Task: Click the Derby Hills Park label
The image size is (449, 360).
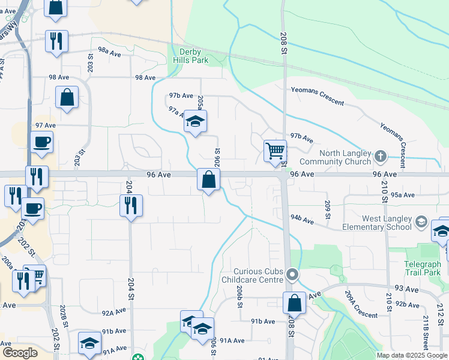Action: (x=190, y=56)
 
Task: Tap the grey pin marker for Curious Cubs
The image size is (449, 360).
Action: (x=292, y=275)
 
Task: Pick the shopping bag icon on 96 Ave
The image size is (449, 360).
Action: (x=208, y=179)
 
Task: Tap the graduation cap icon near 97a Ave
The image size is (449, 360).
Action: (x=195, y=122)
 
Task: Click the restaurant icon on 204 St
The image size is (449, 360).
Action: (x=130, y=205)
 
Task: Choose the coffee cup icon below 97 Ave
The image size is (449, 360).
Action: (x=41, y=142)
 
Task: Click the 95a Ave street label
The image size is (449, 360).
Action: (x=403, y=195)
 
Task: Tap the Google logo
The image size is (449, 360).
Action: (x=19, y=353)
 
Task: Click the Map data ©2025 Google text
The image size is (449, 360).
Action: (x=412, y=355)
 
